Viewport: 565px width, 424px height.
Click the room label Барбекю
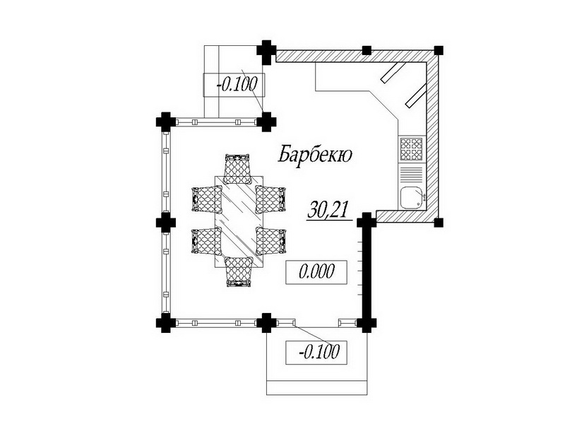coord(315,154)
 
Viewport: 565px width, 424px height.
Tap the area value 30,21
coord(329,209)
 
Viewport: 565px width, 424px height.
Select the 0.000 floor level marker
coord(316,272)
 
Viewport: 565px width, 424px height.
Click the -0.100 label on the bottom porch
coord(316,352)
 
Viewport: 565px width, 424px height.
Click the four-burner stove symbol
coord(412,149)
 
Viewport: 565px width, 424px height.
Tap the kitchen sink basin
coord(412,198)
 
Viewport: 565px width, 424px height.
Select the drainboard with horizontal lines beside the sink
coord(412,175)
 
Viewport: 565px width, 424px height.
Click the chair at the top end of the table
coord(237,169)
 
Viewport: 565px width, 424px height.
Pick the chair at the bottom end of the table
coord(238,272)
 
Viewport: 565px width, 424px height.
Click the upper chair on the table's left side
coord(206,199)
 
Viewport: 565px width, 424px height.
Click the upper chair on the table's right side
coord(271,199)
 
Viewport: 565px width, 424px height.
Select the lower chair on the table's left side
coord(206,241)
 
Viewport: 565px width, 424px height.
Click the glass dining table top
coord(239,221)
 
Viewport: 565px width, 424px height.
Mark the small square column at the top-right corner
coord(438,50)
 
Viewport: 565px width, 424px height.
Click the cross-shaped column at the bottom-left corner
coord(166,323)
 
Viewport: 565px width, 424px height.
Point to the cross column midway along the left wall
coord(166,223)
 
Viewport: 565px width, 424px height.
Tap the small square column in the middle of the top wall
coord(367,50)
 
